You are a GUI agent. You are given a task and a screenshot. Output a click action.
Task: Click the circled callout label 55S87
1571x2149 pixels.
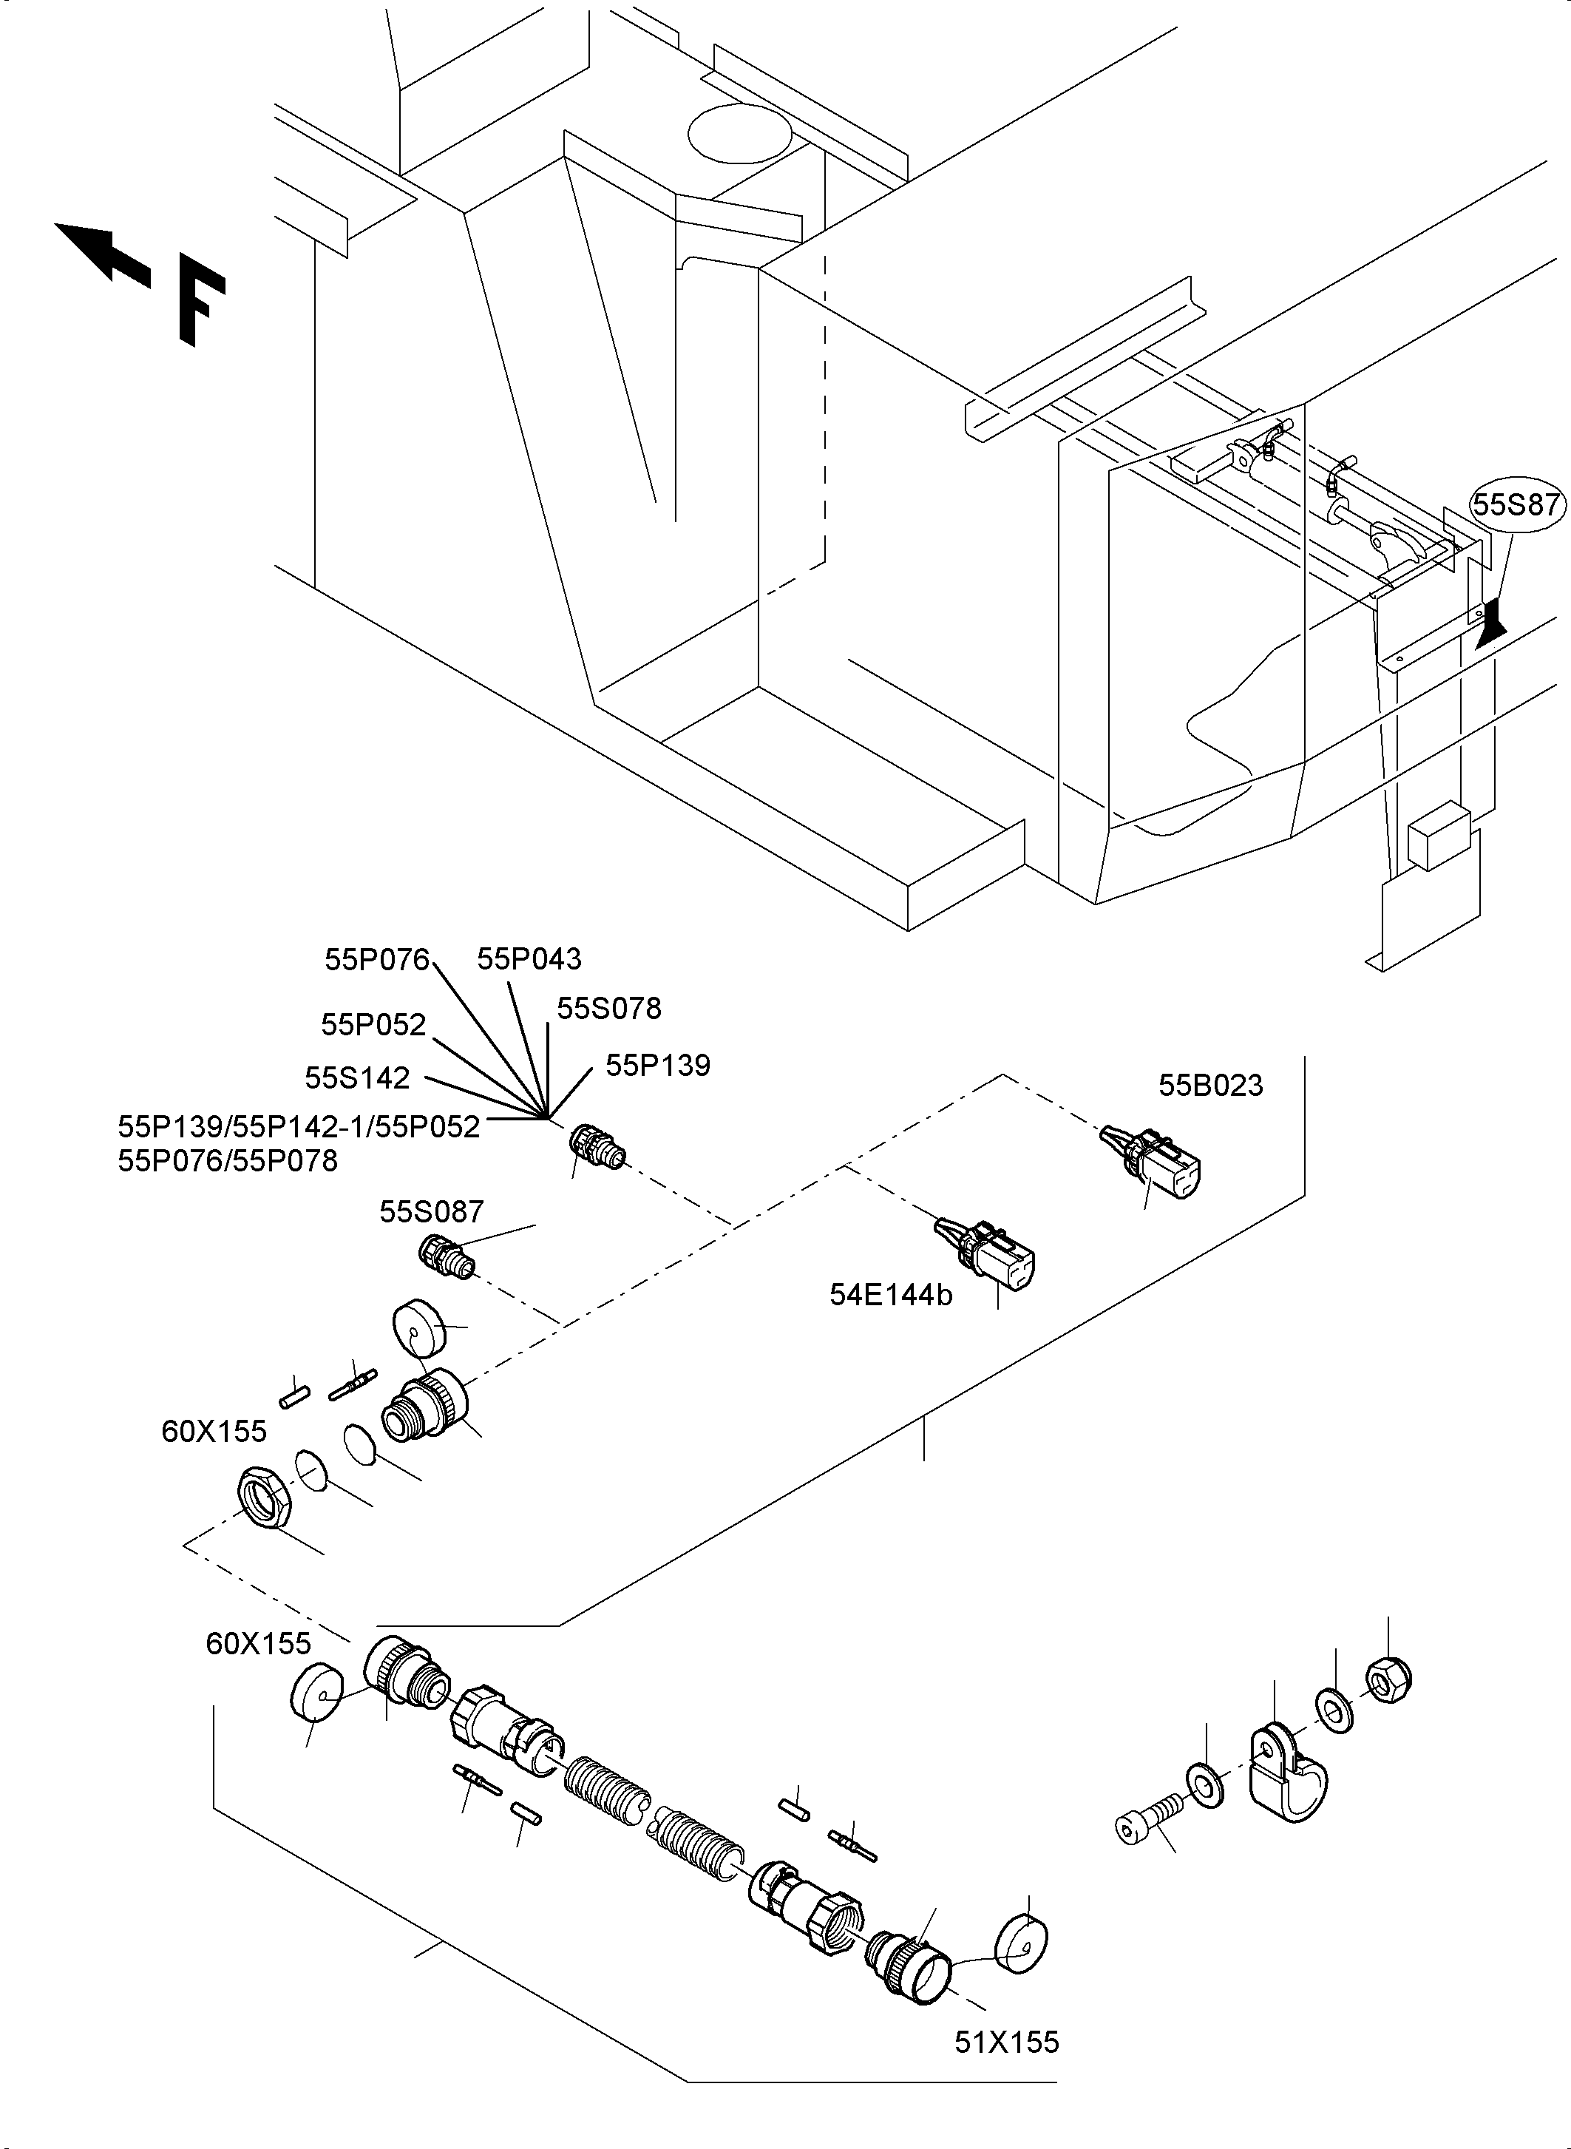click(1517, 504)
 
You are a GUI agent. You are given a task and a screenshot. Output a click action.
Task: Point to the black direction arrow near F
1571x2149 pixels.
click(101, 251)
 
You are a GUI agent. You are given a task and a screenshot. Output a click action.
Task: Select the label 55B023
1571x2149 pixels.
click(1209, 1086)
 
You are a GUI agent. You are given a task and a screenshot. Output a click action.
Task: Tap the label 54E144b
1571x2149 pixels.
click(890, 1295)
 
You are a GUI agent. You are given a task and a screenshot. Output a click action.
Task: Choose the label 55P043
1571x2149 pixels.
click(529, 959)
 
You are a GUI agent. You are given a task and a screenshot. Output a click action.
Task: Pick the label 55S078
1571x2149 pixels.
click(608, 1009)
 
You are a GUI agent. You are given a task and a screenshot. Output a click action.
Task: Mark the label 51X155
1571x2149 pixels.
click(1006, 2043)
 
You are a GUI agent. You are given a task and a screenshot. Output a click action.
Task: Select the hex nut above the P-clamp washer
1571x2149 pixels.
click(1388, 1681)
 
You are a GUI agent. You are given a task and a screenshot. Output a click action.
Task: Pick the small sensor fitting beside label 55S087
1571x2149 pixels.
click(447, 1256)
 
